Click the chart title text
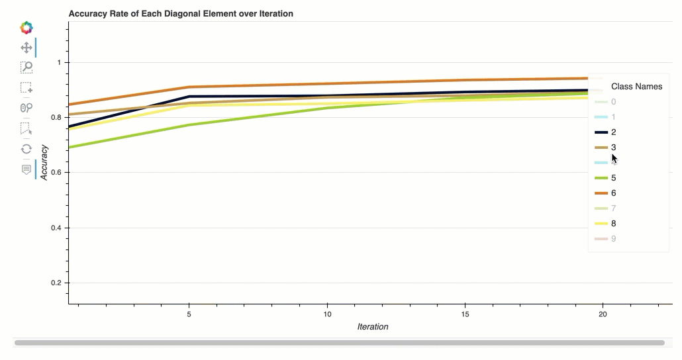181,13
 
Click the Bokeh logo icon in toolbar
26,28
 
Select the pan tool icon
26,48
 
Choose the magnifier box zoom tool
26,67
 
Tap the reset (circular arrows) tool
26,149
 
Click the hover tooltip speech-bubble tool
26,169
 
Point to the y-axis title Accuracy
44,162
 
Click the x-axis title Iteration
373,326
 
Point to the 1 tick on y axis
58,62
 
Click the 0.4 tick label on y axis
56,228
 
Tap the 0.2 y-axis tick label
56,283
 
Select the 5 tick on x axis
189,314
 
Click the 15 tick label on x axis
465,314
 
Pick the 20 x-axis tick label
603,314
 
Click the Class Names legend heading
636,86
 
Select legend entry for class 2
613,132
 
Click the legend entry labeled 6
613,193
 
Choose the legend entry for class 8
613,223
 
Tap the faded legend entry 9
613,238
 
